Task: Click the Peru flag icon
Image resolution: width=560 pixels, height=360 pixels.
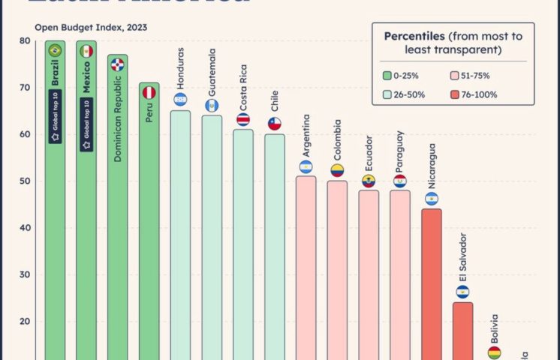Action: tap(149, 92)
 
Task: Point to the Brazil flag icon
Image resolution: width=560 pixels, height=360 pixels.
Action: tap(54, 51)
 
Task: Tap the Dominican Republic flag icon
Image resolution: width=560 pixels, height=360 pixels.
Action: tap(117, 64)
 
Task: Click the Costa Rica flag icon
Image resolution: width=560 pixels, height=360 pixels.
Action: tap(243, 119)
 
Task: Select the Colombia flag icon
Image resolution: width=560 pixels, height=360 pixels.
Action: tap(337, 170)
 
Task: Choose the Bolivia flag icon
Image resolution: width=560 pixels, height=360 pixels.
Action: tap(494, 352)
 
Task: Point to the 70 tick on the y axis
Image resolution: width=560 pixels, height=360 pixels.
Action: tap(25, 88)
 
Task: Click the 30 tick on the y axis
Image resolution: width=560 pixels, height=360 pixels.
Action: tap(25, 274)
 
